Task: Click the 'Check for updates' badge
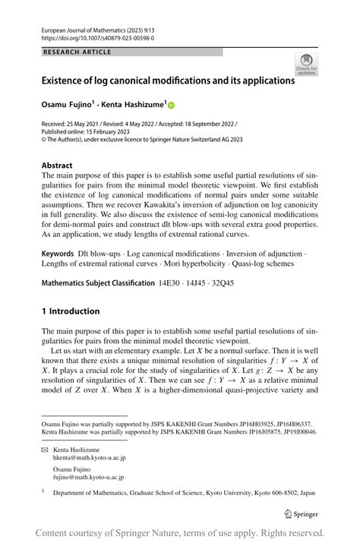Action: pos(306,65)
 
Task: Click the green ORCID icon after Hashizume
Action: pos(171,106)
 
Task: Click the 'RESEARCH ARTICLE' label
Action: pos(77,52)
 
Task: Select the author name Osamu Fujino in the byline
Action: pos(67,106)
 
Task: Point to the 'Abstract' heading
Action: pos(57,165)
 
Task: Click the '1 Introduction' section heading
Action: pos(71,311)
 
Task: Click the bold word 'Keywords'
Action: pos(58,251)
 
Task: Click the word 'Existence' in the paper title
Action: pos(68,80)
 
